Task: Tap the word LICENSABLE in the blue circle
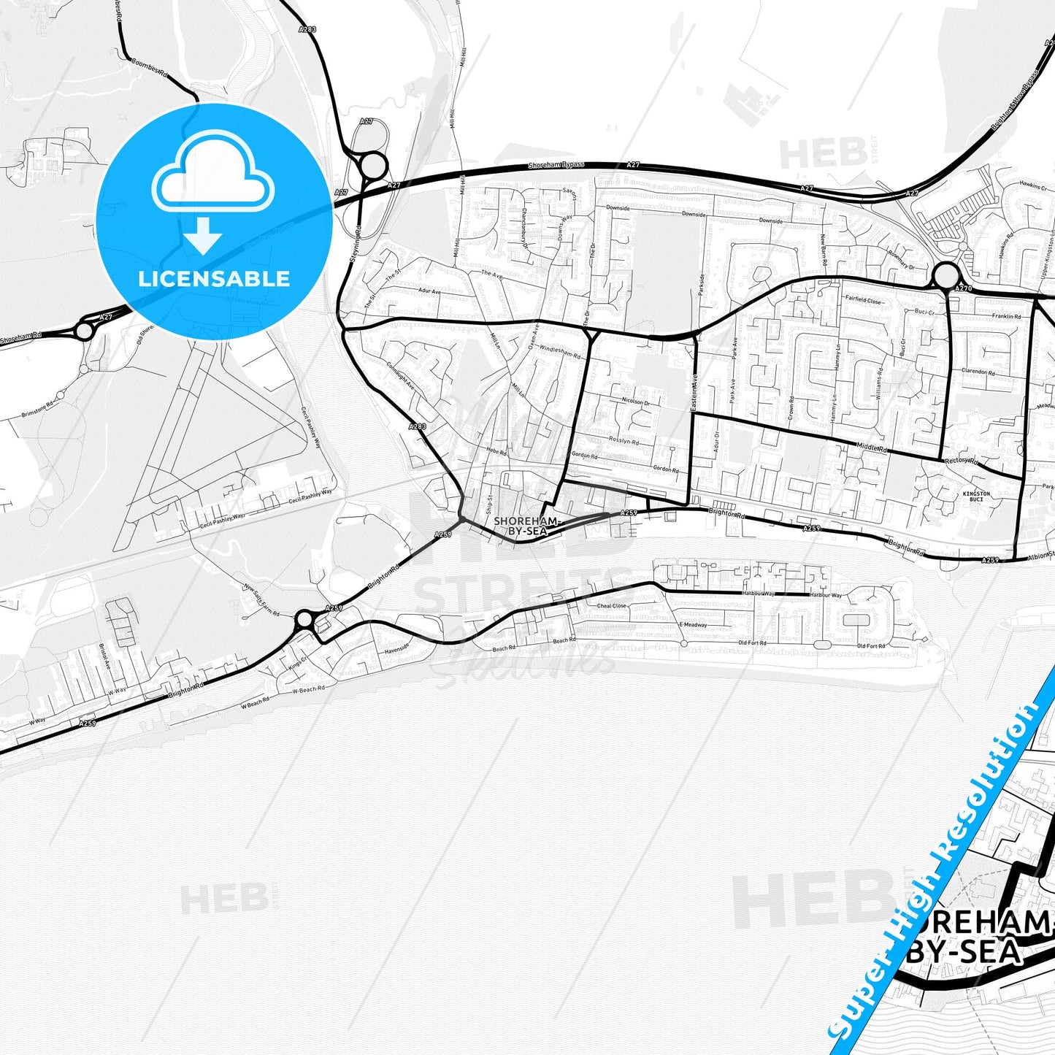[214, 279]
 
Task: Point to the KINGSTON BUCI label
[976, 497]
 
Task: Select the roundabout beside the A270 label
[945, 277]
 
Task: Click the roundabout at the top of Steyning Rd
[372, 165]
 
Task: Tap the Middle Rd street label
[872, 450]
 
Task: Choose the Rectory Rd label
[960, 461]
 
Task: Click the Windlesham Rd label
[560, 351]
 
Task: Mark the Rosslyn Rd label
[624, 441]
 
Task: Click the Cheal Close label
[611, 606]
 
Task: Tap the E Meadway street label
[693, 625]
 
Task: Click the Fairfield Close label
[863, 301]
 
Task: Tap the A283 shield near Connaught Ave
[417, 426]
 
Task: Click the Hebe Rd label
[496, 453]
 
